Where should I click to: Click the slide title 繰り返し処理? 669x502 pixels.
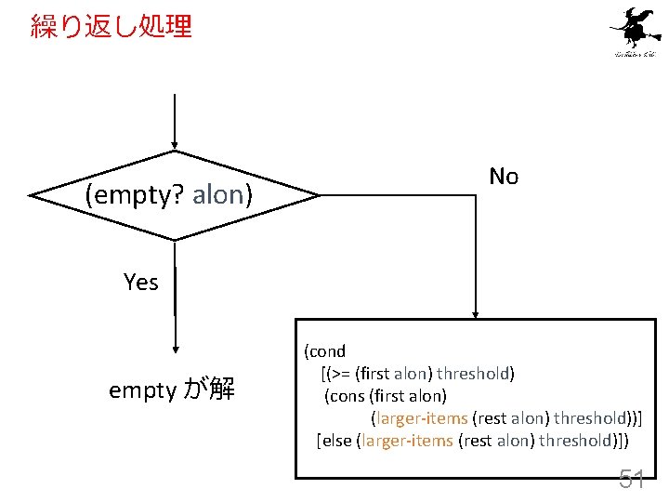pyautogui.click(x=111, y=26)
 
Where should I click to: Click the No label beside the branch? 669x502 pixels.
pyautogui.click(x=504, y=177)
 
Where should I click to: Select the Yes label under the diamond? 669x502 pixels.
pyautogui.click(x=141, y=282)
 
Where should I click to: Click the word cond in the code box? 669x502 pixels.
pyautogui.click(x=327, y=351)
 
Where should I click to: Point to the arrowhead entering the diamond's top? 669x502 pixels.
pyautogui.click(x=175, y=144)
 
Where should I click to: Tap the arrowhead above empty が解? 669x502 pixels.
pyautogui.click(x=175, y=349)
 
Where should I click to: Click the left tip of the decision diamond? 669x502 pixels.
pyautogui.click(x=33, y=196)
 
